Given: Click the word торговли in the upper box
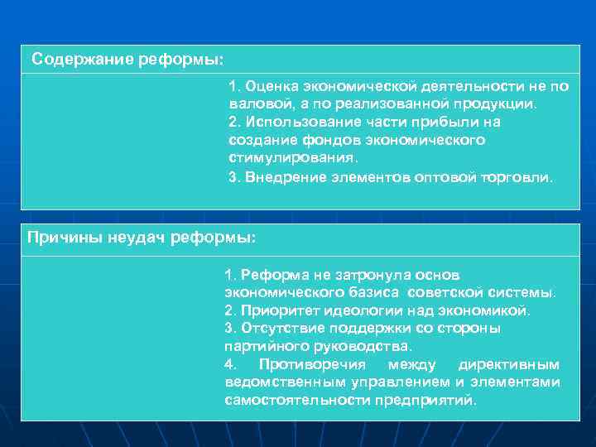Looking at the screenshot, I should pyautogui.click(x=517, y=176).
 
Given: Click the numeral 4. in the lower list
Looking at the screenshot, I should pyautogui.click(x=230, y=364).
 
